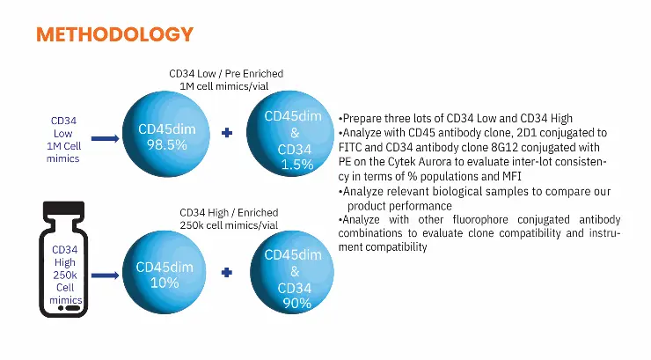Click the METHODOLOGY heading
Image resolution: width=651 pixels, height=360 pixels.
(x=114, y=34)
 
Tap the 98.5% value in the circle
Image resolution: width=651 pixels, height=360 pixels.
(x=166, y=145)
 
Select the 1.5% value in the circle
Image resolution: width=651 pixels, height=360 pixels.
(x=297, y=165)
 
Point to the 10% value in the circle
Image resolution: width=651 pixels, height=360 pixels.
(x=165, y=283)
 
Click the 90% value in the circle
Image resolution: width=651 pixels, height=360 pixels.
(x=296, y=304)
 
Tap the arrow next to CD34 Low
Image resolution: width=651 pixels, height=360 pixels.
(x=105, y=138)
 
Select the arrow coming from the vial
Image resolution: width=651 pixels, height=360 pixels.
(x=105, y=276)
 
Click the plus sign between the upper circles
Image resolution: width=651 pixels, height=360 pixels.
(x=227, y=133)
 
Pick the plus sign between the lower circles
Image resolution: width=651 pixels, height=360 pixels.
(x=227, y=272)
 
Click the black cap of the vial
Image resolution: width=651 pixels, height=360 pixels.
(x=64, y=209)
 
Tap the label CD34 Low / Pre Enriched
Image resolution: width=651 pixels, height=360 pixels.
(x=226, y=73)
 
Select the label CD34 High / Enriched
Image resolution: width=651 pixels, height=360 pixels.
(x=229, y=213)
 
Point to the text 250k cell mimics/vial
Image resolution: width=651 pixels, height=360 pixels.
(x=229, y=225)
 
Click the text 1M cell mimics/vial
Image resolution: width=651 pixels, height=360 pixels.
(x=224, y=86)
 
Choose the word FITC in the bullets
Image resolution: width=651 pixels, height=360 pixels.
(x=350, y=147)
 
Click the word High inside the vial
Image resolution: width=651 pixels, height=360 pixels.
(x=65, y=262)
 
